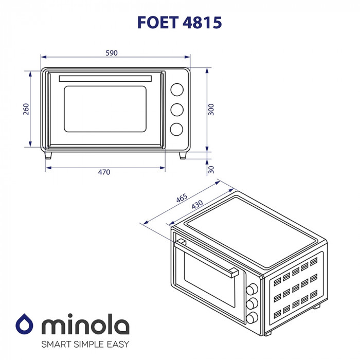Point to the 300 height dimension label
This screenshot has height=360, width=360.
pos(211,110)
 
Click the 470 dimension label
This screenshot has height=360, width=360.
pos(104,172)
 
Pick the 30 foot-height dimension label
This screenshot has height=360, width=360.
pos(211,170)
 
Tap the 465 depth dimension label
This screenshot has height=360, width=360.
pos(181,198)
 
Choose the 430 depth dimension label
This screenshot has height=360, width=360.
pos(197,204)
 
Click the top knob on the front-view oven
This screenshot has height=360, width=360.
pos(176,89)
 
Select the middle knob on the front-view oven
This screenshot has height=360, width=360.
pos(176,110)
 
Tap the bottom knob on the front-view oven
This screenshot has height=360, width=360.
pos(176,129)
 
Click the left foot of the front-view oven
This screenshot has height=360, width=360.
pos(48,155)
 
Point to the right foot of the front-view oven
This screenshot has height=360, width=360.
pos(183,155)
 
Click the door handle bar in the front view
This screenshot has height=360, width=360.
pos(106,78)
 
